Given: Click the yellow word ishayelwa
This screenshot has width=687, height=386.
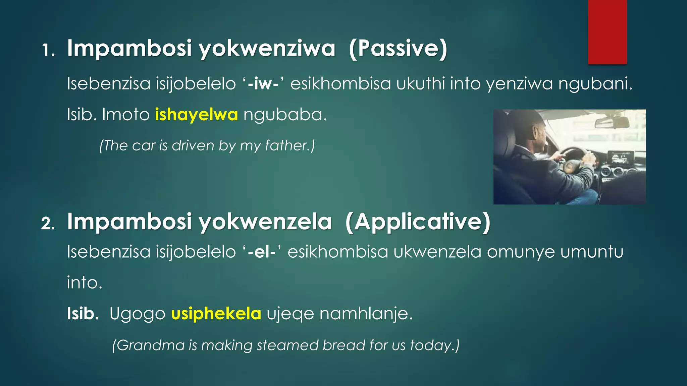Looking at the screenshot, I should click(196, 115).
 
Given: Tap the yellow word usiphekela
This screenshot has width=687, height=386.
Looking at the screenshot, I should click(216, 314).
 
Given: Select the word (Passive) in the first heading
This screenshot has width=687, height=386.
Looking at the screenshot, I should click(398, 49).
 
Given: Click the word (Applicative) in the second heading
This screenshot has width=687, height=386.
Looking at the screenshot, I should click(418, 222).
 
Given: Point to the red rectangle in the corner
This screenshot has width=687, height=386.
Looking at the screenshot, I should click(607, 32).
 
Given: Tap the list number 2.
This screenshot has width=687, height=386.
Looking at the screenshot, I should click(48, 223).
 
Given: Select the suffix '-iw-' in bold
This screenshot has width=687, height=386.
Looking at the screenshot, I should click(263, 83).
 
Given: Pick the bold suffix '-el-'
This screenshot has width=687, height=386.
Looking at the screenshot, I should click(262, 252).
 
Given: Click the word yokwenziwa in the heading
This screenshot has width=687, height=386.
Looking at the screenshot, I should click(267, 49).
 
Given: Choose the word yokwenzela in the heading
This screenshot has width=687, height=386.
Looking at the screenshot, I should click(265, 222).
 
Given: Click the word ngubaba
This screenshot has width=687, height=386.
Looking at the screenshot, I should click(285, 115).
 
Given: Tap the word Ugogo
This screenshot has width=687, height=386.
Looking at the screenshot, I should click(137, 314).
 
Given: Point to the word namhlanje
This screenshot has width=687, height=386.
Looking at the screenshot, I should click(366, 314).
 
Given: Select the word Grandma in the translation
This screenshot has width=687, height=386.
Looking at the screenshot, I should click(151, 345).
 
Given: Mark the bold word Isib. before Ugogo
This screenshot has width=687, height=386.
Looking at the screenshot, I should click(83, 314).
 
